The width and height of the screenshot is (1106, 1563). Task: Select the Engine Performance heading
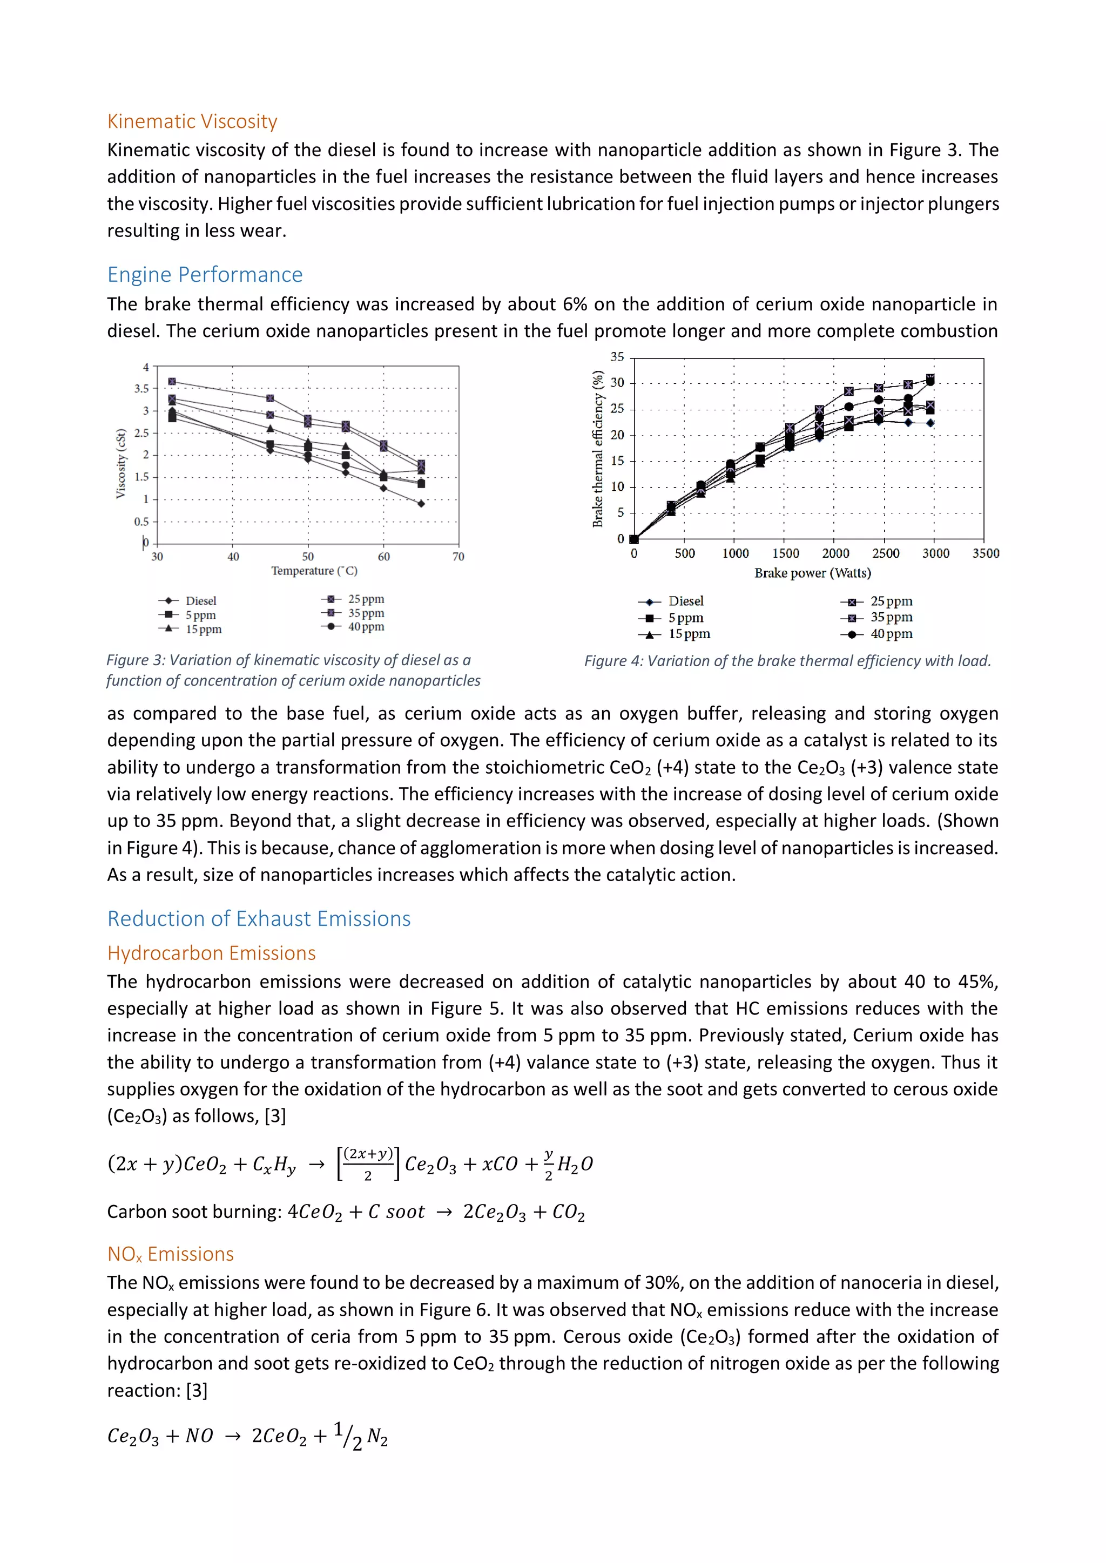click(205, 274)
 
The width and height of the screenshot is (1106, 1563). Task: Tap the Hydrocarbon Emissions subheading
click(211, 953)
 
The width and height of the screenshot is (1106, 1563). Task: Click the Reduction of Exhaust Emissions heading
click(259, 918)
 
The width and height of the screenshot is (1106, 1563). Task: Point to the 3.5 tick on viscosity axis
click(141, 389)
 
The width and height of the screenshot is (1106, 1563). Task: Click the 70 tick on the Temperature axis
click(458, 557)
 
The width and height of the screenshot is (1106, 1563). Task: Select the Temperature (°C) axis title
click(314, 571)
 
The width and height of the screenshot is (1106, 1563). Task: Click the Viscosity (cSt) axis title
click(120, 464)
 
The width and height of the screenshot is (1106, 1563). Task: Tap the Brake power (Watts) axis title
click(812, 573)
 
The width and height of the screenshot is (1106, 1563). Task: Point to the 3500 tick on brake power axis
click(985, 553)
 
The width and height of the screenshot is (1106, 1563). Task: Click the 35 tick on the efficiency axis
click(617, 357)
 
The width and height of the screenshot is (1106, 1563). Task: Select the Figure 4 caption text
click(787, 661)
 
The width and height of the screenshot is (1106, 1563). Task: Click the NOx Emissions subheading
click(170, 1254)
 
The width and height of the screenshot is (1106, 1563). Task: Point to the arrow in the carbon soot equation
click(444, 1213)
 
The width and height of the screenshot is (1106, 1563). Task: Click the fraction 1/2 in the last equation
click(348, 1436)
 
